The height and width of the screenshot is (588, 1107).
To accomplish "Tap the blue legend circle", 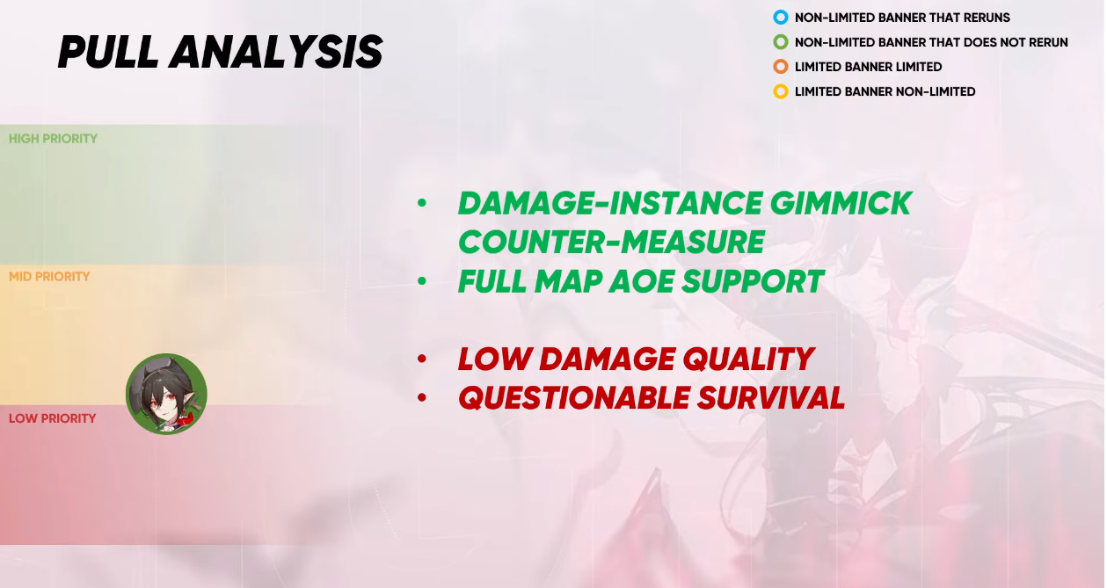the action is [781, 18].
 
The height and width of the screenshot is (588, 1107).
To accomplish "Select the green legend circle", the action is [781, 42].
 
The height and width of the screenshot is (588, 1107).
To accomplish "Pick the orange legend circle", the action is [781, 67].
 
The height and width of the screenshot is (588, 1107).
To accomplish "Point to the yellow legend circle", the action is [781, 91].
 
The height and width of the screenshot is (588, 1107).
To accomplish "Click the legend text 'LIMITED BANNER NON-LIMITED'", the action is [885, 91].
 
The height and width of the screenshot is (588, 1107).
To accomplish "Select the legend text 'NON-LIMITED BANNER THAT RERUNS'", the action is [902, 18].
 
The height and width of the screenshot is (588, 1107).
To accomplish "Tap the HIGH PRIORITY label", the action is [53, 138].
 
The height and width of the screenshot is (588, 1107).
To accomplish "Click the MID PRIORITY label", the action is [49, 276].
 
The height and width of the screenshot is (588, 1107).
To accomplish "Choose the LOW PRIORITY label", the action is [53, 418].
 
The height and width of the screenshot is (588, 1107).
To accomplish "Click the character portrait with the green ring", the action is [166, 394].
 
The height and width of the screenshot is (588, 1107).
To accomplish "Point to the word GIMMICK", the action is [841, 203].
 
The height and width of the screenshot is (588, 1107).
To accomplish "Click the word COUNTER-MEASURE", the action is [612, 242].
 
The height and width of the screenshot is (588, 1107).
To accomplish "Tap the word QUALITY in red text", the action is [748, 359].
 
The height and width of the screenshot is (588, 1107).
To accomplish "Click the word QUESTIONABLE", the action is [574, 398].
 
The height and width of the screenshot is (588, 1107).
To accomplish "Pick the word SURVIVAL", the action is [771, 398].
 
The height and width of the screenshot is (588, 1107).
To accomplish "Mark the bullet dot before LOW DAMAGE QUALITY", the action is [421, 359].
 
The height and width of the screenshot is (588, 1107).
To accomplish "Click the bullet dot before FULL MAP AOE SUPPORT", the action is [421, 281].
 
